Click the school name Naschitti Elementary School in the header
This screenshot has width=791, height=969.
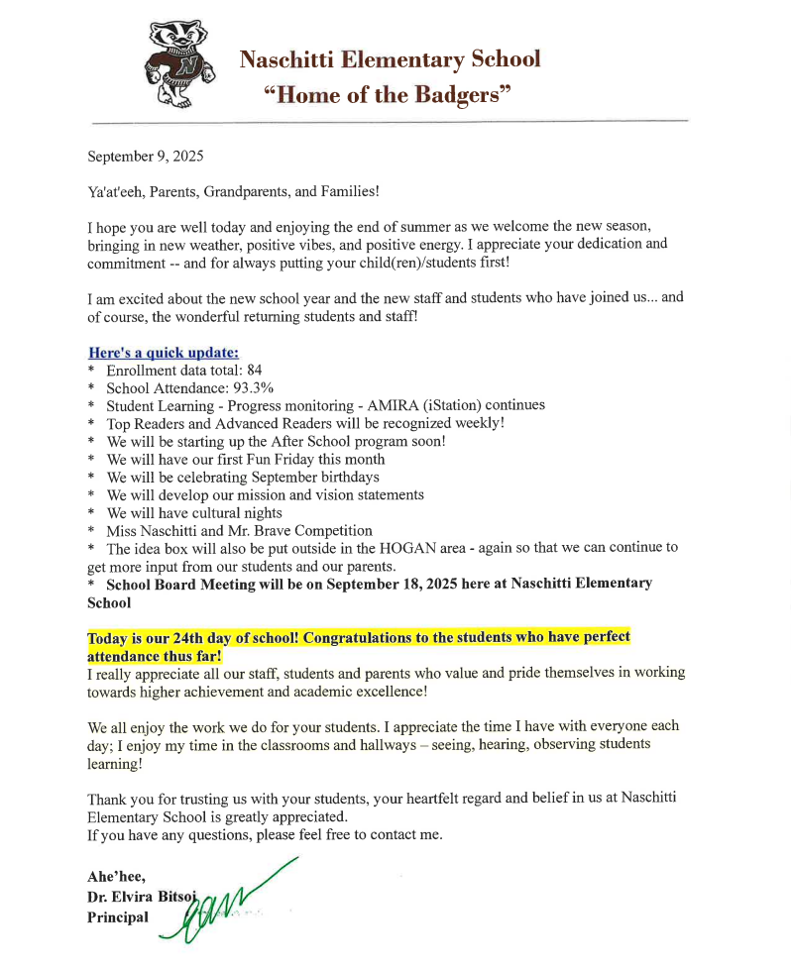coord(390,59)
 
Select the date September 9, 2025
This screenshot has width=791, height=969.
coord(145,157)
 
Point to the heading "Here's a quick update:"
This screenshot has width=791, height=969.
coord(163,352)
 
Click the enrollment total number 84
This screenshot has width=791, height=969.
coord(254,370)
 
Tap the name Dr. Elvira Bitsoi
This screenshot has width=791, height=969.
coord(143,897)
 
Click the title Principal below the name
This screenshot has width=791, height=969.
coord(118,916)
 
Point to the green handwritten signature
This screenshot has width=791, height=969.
coord(233,902)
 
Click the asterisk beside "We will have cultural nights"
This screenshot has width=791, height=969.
coord(91,513)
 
